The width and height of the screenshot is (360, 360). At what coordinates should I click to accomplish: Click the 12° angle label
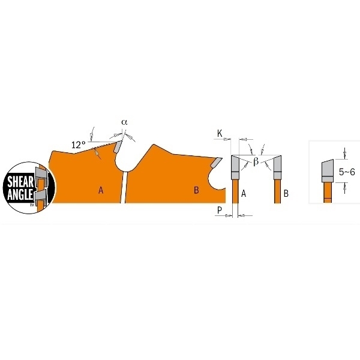pyautogui.click(x=79, y=145)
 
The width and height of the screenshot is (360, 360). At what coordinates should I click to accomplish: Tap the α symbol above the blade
pyautogui.click(x=124, y=122)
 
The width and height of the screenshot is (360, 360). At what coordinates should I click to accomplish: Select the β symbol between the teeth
pyautogui.click(x=256, y=161)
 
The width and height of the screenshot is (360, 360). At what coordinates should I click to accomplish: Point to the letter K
pyautogui.click(x=220, y=133)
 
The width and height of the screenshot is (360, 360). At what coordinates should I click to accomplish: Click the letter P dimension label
pyautogui.click(x=220, y=210)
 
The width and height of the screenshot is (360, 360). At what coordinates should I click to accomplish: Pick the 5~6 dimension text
pyautogui.click(x=347, y=172)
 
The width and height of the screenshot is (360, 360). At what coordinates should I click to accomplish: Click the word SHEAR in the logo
pyautogui.click(x=20, y=182)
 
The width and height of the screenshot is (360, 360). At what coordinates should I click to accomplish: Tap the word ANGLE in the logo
pyautogui.click(x=20, y=194)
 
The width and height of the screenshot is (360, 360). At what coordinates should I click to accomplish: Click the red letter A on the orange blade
pyautogui.click(x=101, y=190)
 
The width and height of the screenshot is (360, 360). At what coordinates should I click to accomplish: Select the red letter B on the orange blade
pyautogui.click(x=196, y=190)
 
